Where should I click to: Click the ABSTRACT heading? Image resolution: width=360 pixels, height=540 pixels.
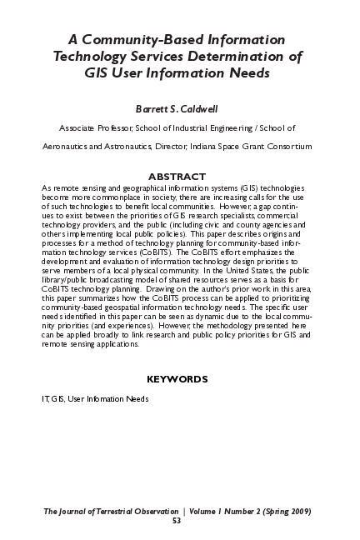(x=177, y=176)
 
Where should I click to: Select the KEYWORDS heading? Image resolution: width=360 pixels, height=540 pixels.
(x=177, y=379)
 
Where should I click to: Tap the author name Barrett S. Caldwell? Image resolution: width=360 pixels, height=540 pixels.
(x=177, y=109)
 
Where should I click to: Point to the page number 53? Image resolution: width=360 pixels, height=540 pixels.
(x=177, y=521)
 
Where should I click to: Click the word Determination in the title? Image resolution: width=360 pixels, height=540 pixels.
(x=242, y=56)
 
